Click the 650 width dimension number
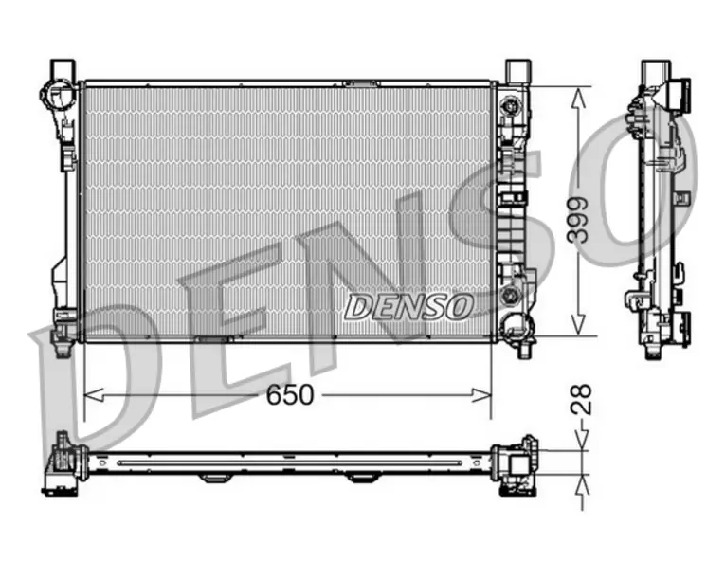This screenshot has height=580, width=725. [x=290, y=395]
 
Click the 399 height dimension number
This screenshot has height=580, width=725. [x=578, y=220]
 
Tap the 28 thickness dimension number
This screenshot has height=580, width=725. [x=581, y=399]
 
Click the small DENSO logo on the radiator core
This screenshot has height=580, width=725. [x=409, y=307]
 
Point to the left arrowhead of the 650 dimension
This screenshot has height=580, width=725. [x=93, y=395]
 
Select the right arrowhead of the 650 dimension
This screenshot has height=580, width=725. [x=481, y=395]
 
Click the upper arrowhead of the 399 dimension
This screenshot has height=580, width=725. [x=578, y=97]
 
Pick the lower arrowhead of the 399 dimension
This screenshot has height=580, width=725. [x=578, y=324]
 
